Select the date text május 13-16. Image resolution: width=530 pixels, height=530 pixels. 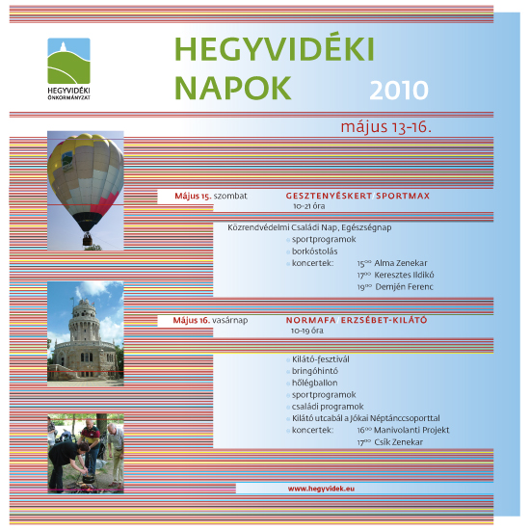coord(385,126)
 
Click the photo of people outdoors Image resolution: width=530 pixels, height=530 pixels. coord(85,454)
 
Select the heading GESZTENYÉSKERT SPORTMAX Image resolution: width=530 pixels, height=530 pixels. coord(358,195)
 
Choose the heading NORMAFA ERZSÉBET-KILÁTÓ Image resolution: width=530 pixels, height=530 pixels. coord(356,319)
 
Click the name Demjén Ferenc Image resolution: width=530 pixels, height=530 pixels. coord(405,286)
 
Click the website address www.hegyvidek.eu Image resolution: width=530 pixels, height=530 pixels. coord(322,489)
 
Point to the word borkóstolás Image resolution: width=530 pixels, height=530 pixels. coord(317,250)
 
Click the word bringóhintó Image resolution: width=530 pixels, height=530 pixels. coord(316,370)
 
